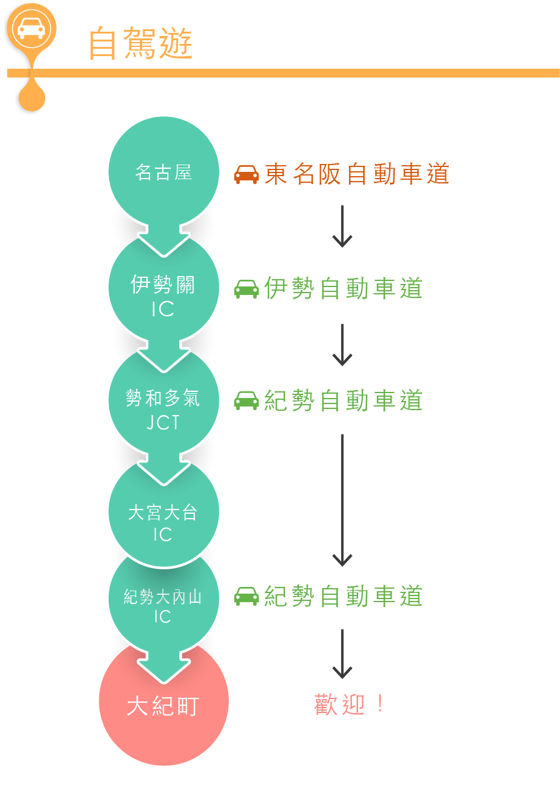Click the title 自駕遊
coord(140,43)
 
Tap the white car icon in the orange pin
coord(31,28)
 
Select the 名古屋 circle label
coord(163,172)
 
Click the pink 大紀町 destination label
coord(163,706)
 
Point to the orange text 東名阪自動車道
coord(357,174)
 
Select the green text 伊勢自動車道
coord(343,288)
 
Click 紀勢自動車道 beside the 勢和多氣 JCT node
coord(343,400)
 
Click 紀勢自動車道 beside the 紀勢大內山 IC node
coord(343,596)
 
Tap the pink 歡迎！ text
coord(349,705)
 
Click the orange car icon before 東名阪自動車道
coord(246,174)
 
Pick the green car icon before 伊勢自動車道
coord(246,289)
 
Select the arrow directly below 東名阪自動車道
coord(342,226)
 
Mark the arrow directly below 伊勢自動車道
coord(342,344)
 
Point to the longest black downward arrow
coord(342,500)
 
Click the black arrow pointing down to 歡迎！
coord(342,653)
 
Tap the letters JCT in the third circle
coord(163,422)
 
